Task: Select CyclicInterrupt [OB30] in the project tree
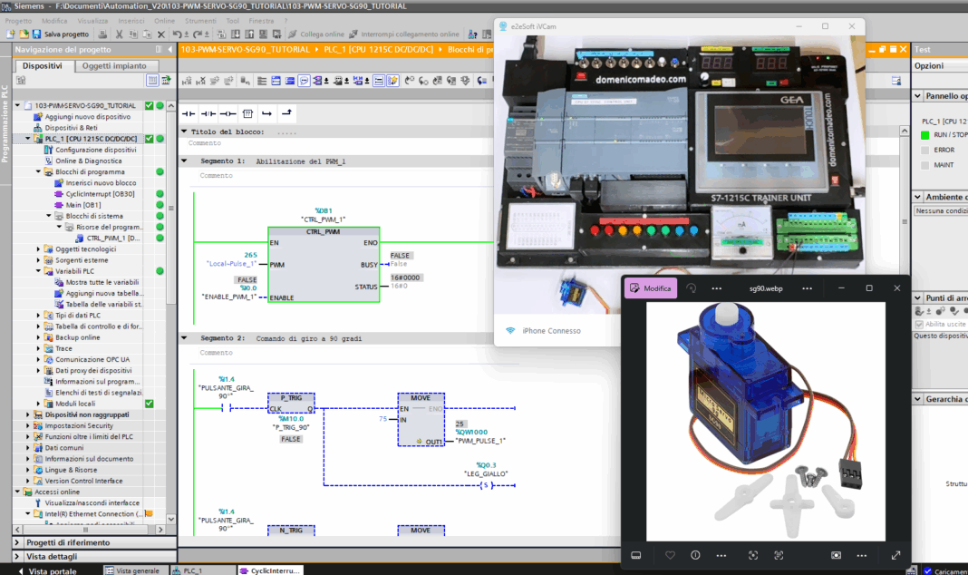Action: [x=100, y=193]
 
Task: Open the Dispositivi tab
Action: [x=43, y=66]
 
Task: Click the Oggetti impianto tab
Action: [x=114, y=66]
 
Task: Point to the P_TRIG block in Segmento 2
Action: [x=291, y=397]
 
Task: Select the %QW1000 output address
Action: [x=472, y=432]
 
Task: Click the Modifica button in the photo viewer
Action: [x=652, y=288]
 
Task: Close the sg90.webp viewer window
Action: [x=897, y=288]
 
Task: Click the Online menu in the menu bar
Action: [x=164, y=20]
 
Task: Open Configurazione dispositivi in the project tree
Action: [x=96, y=150]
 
